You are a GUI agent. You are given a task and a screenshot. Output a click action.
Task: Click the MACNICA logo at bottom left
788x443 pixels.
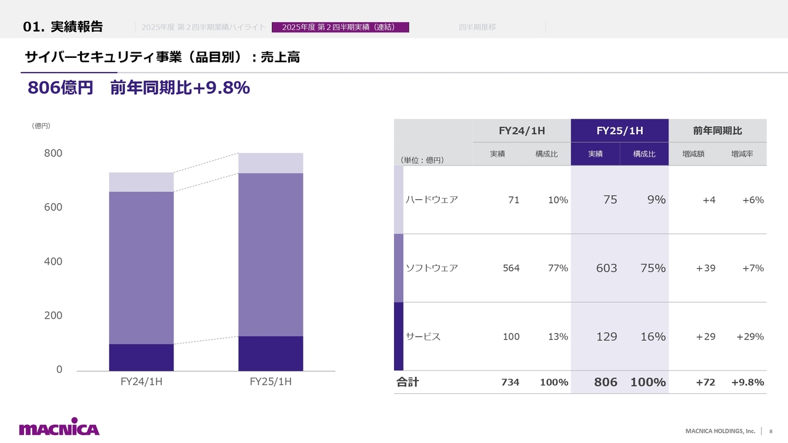coord(59,428)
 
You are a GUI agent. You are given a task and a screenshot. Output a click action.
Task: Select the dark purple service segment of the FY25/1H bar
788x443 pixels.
coord(270,353)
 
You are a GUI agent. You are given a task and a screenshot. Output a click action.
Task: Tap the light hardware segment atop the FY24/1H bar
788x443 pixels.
coord(141,182)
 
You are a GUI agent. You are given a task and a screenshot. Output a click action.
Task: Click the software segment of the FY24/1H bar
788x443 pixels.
coord(141,268)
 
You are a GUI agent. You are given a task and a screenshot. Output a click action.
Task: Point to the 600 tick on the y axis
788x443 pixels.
coord(53,207)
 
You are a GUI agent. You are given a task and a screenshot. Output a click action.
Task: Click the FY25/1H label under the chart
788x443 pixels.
coord(270,382)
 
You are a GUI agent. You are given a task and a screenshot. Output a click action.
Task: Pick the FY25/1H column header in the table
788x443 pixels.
coord(619,130)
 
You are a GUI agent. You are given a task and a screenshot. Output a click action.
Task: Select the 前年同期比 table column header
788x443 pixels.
coord(717,130)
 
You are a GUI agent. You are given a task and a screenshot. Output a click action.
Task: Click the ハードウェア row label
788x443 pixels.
coord(432,199)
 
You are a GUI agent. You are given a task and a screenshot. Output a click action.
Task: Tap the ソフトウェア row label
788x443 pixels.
coord(432,268)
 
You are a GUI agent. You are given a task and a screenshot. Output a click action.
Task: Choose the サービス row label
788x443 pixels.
coord(423,337)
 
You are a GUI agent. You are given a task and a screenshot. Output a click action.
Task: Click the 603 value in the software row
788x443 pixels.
coord(606,268)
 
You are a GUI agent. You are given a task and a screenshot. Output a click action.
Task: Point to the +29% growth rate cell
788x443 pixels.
coord(750,337)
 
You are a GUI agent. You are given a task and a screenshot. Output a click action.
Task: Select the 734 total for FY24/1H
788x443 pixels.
coord(510,382)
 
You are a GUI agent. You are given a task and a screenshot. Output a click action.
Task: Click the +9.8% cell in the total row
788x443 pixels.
coord(747,382)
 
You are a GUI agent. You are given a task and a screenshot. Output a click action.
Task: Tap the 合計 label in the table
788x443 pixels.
coord(407,382)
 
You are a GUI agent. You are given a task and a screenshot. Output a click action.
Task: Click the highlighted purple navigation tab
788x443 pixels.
coord(340,27)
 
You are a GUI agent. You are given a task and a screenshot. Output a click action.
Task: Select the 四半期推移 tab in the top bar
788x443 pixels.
coord(477,27)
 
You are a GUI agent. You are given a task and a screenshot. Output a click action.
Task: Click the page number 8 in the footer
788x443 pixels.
coord(771,431)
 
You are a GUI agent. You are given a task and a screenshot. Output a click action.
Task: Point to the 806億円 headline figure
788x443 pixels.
coord(60,89)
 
